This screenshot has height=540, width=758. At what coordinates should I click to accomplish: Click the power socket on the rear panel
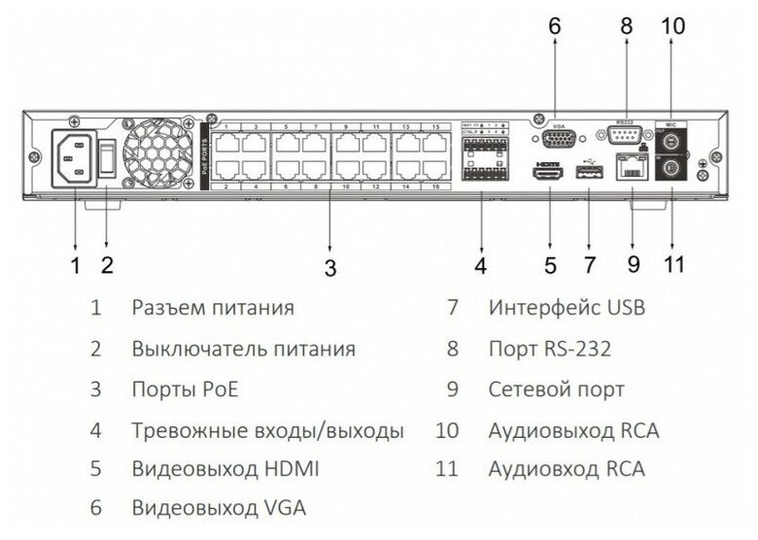(x=75, y=157)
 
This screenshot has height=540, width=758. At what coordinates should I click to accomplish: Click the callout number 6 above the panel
(x=555, y=26)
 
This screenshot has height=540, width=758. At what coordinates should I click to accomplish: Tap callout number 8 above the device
(x=626, y=26)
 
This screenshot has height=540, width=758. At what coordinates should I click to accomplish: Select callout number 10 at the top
(x=673, y=26)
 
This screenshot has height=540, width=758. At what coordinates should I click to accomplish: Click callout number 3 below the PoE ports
(x=329, y=267)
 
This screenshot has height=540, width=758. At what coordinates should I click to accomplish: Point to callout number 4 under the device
(x=480, y=264)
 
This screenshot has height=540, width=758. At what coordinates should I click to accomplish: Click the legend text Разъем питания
(x=212, y=308)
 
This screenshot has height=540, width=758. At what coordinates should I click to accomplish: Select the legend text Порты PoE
(x=185, y=389)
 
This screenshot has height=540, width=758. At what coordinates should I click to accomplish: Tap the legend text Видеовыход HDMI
(x=224, y=468)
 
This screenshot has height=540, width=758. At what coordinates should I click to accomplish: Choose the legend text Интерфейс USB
(x=567, y=308)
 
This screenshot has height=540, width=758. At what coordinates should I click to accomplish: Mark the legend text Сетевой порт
(x=556, y=389)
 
